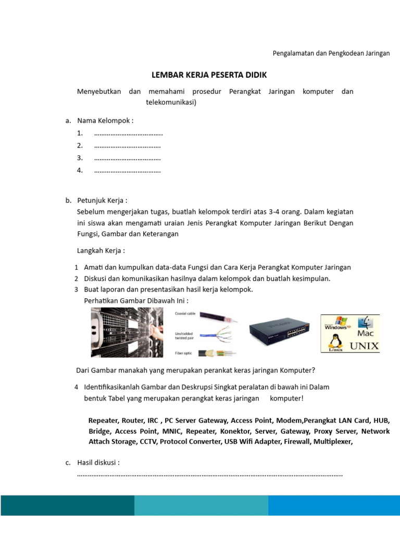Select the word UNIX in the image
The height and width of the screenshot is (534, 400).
click(x=364, y=345)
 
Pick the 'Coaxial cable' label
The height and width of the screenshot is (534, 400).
click(x=185, y=313)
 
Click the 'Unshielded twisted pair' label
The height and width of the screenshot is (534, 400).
click(x=186, y=335)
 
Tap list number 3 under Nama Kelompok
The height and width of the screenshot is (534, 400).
click(x=80, y=157)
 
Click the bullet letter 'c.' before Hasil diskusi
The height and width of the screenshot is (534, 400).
click(x=68, y=463)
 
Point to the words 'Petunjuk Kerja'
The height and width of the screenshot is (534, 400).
click(x=102, y=200)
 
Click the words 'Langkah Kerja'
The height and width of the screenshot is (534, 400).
click(x=101, y=251)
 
